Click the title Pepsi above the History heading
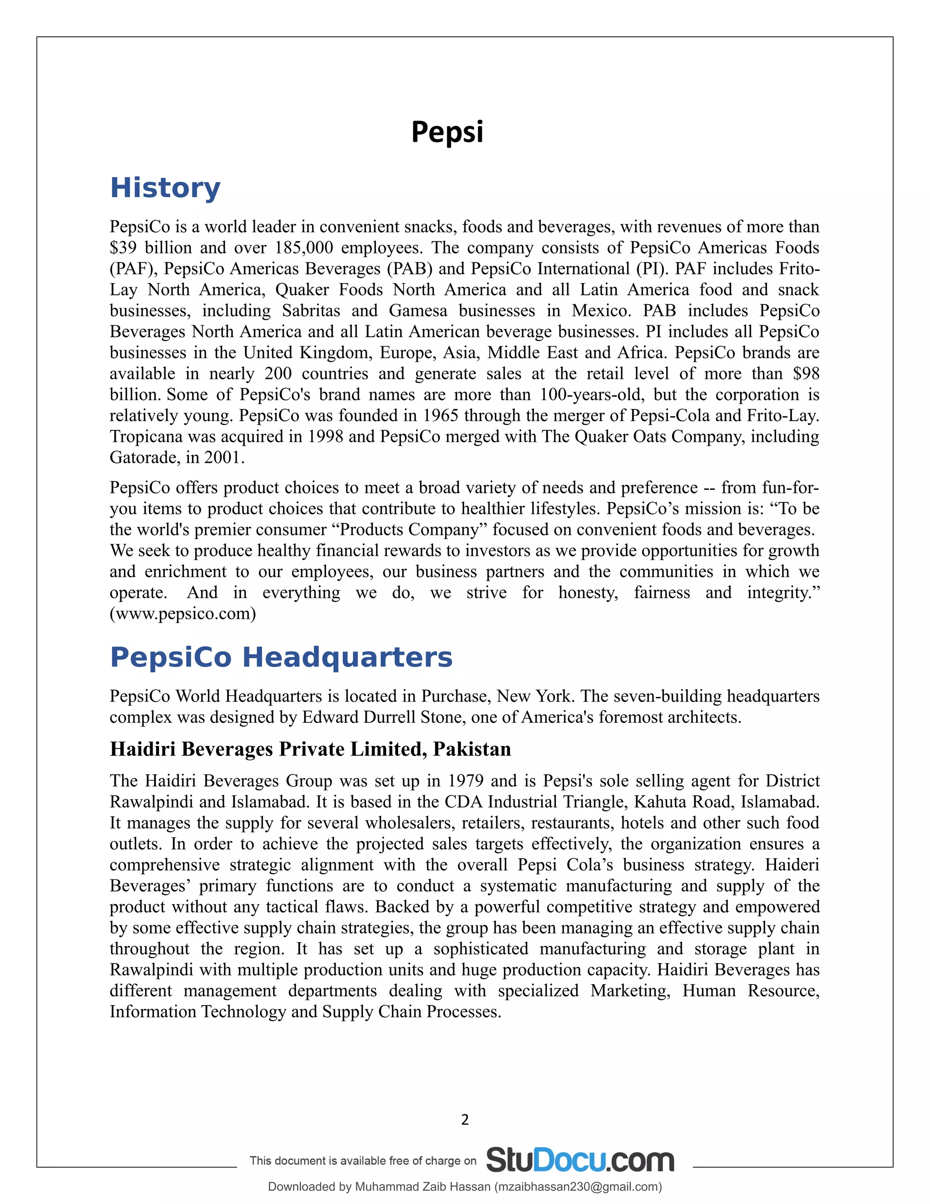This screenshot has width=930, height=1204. [447, 132]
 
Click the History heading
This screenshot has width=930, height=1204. [165, 188]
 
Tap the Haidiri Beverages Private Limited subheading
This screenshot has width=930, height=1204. [310, 749]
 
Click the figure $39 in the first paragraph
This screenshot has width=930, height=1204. [123, 248]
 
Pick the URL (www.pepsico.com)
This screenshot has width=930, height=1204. [183, 613]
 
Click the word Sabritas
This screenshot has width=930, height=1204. [311, 310]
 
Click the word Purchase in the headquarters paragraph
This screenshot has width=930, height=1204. [455, 696]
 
